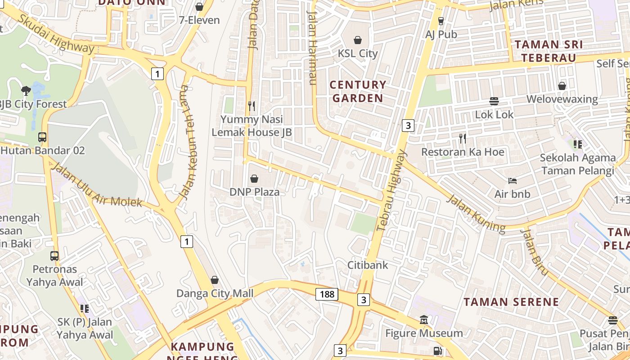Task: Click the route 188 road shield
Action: [x=327, y=294]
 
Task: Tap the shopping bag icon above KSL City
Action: [x=358, y=40]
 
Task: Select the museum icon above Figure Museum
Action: [x=424, y=320]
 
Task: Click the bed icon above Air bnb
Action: [x=512, y=181]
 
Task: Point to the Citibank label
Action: [x=368, y=265]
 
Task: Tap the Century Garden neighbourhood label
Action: [x=358, y=91]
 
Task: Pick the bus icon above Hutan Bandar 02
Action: [x=42, y=137]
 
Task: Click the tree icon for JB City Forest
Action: [x=26, y=90]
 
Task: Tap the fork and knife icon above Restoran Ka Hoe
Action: [x=462, y=138]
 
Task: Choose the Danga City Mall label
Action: [x=215, y=293]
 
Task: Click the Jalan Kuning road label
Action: [x=477, y=213]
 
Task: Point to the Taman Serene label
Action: [x=511, y=301]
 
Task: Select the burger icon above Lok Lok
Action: [x=494, y=101]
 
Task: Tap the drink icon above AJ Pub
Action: [x=441, y=21]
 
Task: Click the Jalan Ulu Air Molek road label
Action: [x=97, y=185]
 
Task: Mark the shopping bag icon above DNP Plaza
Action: [x=254, y=179]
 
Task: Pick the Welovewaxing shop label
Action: [x=562, y=99]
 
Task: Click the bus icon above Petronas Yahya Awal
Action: [x=54, y=256]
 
